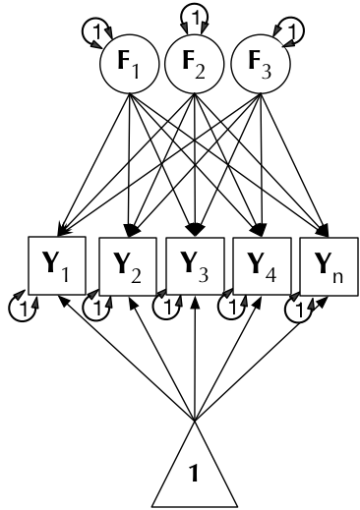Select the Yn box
pos(327,266)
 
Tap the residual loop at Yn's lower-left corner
pos(298,308)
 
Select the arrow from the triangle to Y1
pos(128,359)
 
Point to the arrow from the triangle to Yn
pos(261,359)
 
